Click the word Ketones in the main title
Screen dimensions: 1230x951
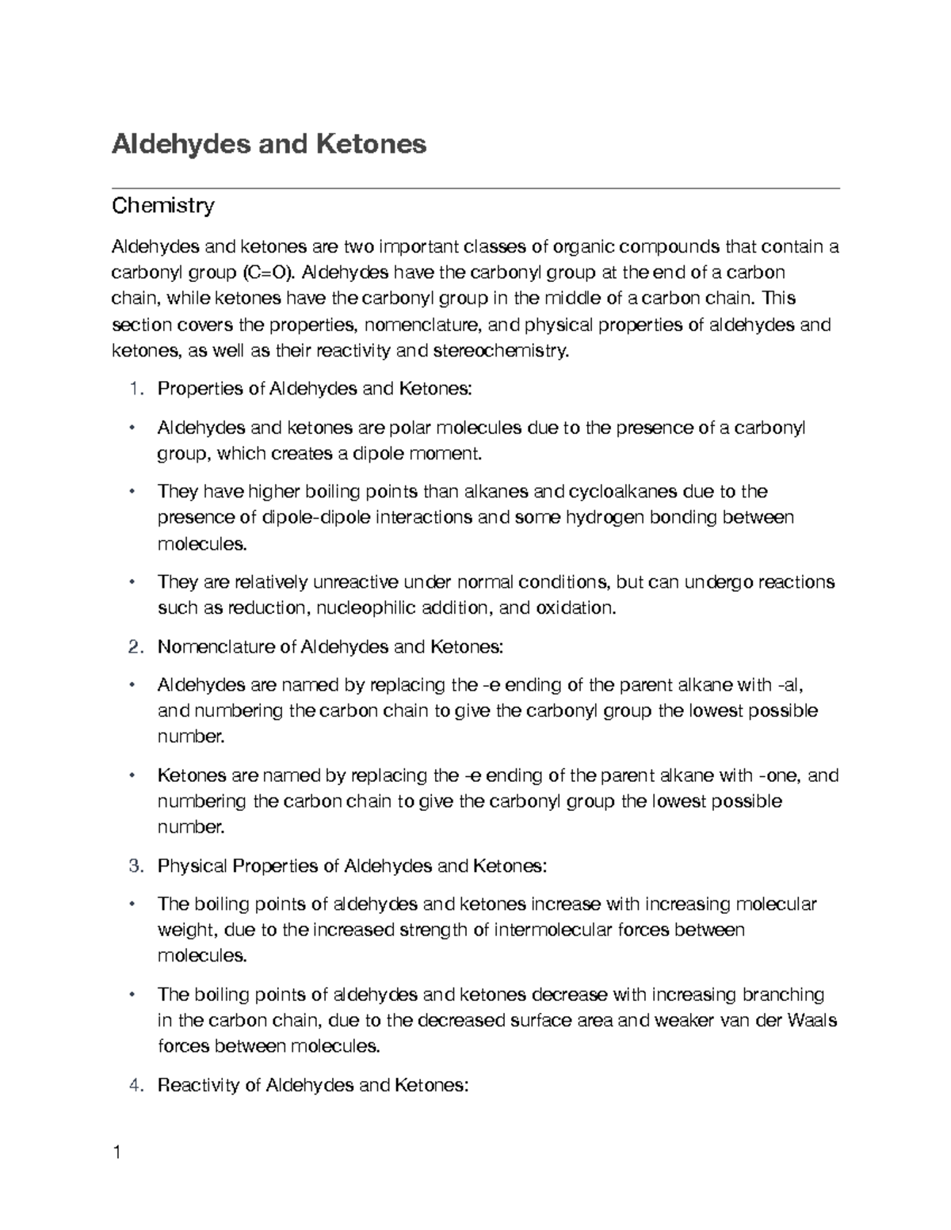point(371,144)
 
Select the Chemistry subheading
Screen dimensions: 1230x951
point(162,207)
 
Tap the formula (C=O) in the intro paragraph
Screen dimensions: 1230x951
point(267,273)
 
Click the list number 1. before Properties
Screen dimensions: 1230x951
point(136,389)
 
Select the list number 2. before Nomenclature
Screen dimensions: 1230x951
point(136,647)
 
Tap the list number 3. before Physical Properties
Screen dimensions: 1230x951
point(136,866)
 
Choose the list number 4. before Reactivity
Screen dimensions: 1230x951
point(136,1085)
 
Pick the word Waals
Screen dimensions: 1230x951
point(814,1020)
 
